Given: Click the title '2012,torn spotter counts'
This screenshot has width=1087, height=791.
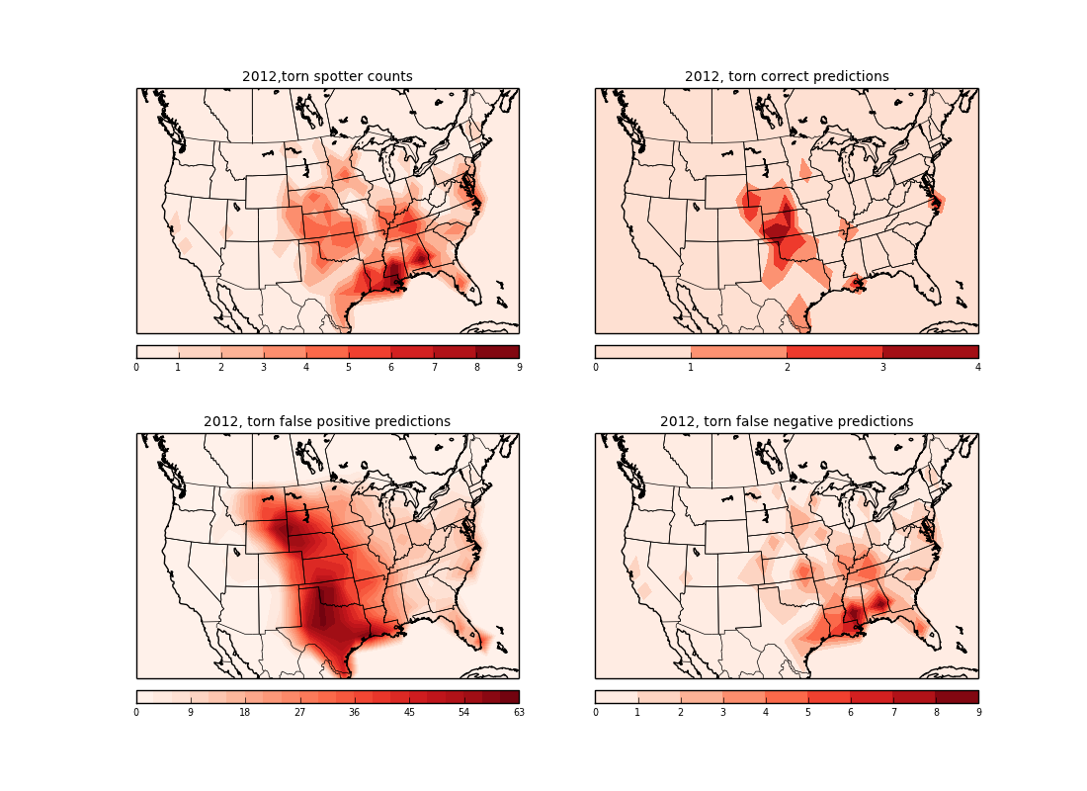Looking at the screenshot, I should pyautogui.click(x=327, y=77).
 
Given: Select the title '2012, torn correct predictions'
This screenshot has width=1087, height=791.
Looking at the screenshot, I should pyautogui.click(x=787, y=77).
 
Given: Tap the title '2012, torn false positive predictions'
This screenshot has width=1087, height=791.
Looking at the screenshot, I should pyautogui.click(x=327, y=422).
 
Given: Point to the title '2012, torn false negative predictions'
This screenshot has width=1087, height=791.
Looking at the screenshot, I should pyautogui.click(x=787, y=422).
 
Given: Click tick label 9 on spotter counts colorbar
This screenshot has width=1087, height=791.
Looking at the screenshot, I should pyautogui.click(x=519, y=368).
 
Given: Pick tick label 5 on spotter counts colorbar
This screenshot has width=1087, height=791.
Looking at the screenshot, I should pyautogui.click(x=349, y=368).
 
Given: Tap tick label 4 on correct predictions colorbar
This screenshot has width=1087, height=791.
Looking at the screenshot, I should pyautogui.click(x=978, y=368).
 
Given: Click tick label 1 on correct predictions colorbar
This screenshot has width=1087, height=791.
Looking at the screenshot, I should pyautogui.click(x=691, y=368).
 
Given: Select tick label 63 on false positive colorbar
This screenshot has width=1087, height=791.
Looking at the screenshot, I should pyautogui.click(x=519, y=713).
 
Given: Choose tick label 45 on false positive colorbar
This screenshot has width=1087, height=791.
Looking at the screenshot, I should pyautogui.click(x=409, y=713).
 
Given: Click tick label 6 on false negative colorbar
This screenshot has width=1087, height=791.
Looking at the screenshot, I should pyautogui.click(x=851, y=713).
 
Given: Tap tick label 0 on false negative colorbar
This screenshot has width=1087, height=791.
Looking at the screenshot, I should pyautogui.click(x=596, y=713).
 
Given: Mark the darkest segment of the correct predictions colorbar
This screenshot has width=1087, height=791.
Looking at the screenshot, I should pyautogui.click(x=930, y=352).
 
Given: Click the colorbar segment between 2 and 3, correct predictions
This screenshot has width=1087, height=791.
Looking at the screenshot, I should pyautogui.click(x=834, y=352).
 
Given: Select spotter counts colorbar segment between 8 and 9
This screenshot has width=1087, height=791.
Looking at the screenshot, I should pyautogui.click(x=497, y=352).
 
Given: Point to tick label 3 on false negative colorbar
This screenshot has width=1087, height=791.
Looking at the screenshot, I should pyautogui.click(x=723, y=713).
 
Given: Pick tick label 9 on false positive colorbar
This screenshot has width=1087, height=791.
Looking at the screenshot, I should pyautogui.click(x=191, y=713).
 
